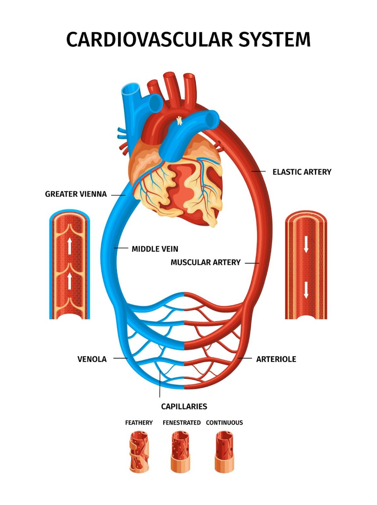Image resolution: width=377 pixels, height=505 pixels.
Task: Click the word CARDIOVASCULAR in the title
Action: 150,40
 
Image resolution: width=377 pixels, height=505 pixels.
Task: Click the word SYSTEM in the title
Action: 274,40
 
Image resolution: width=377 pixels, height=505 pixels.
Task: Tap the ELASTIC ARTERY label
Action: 302,172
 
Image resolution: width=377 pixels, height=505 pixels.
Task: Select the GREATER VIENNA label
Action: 76,194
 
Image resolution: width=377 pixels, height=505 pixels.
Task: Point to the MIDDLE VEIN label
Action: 155,249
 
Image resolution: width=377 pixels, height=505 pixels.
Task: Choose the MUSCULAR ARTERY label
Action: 206,262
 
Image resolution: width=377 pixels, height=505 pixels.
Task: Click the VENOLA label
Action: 92,359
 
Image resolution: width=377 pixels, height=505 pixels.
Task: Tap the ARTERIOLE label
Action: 276,359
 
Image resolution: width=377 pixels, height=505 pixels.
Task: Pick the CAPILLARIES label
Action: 184,407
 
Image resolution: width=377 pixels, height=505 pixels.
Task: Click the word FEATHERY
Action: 139,423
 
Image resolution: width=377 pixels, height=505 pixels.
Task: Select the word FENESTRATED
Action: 182,423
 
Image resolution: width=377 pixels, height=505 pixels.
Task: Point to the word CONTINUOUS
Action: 224,423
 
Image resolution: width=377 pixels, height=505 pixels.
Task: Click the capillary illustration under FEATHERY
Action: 139,452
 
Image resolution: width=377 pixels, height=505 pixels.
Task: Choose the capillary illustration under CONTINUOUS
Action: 224,452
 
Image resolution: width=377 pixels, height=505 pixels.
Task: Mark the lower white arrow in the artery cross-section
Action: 306,290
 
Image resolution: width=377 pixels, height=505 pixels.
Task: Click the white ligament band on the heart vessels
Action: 179,121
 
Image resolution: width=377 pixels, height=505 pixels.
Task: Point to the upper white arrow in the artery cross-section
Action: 306,245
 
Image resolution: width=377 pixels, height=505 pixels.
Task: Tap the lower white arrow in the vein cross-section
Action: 70,281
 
